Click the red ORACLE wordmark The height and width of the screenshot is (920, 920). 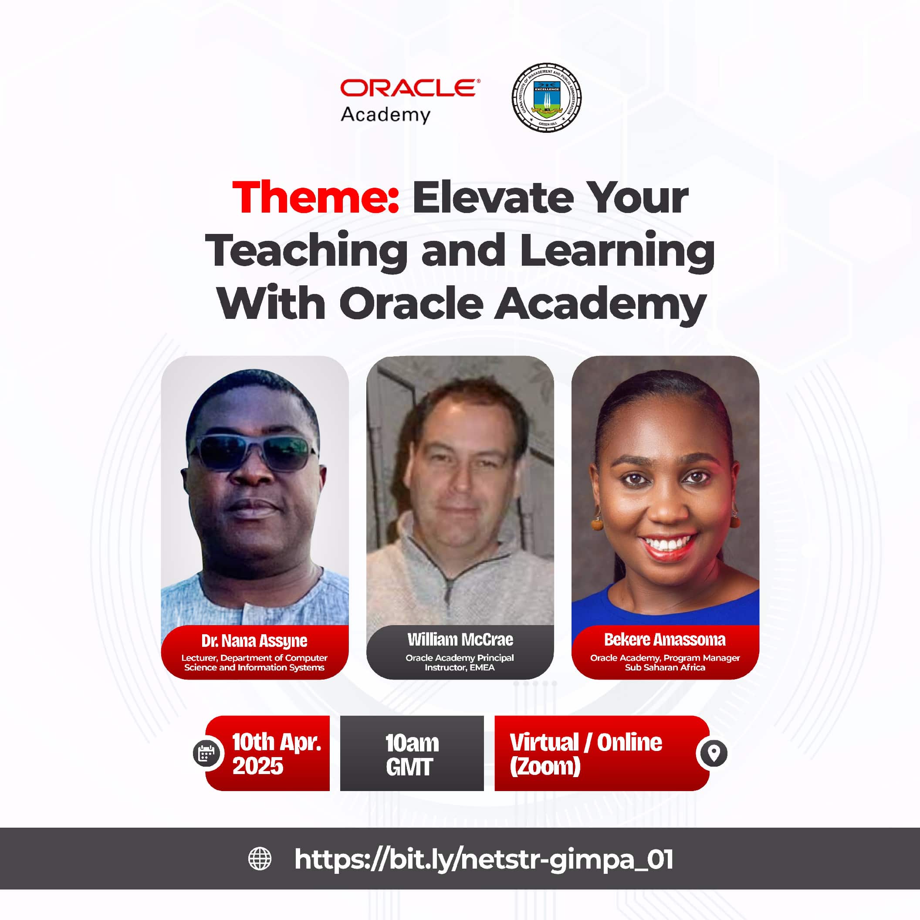410,88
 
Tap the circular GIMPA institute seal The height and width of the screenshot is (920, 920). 546,97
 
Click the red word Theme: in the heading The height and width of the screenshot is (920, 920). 315,197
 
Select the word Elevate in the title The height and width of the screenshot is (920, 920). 493,197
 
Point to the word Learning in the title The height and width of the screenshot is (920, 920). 617,251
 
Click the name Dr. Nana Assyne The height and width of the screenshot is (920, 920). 254,641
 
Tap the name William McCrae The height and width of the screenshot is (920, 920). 460,639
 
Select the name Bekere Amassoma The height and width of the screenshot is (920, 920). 665,639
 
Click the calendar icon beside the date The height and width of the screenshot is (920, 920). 206,753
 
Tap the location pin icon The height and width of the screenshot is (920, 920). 713,753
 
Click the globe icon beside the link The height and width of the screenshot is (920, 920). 260,859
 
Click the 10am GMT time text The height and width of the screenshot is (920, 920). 412,755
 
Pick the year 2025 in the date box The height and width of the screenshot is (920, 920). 257,766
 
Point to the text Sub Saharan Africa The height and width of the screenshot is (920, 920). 665,668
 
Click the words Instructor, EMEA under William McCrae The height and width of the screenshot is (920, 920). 460,668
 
